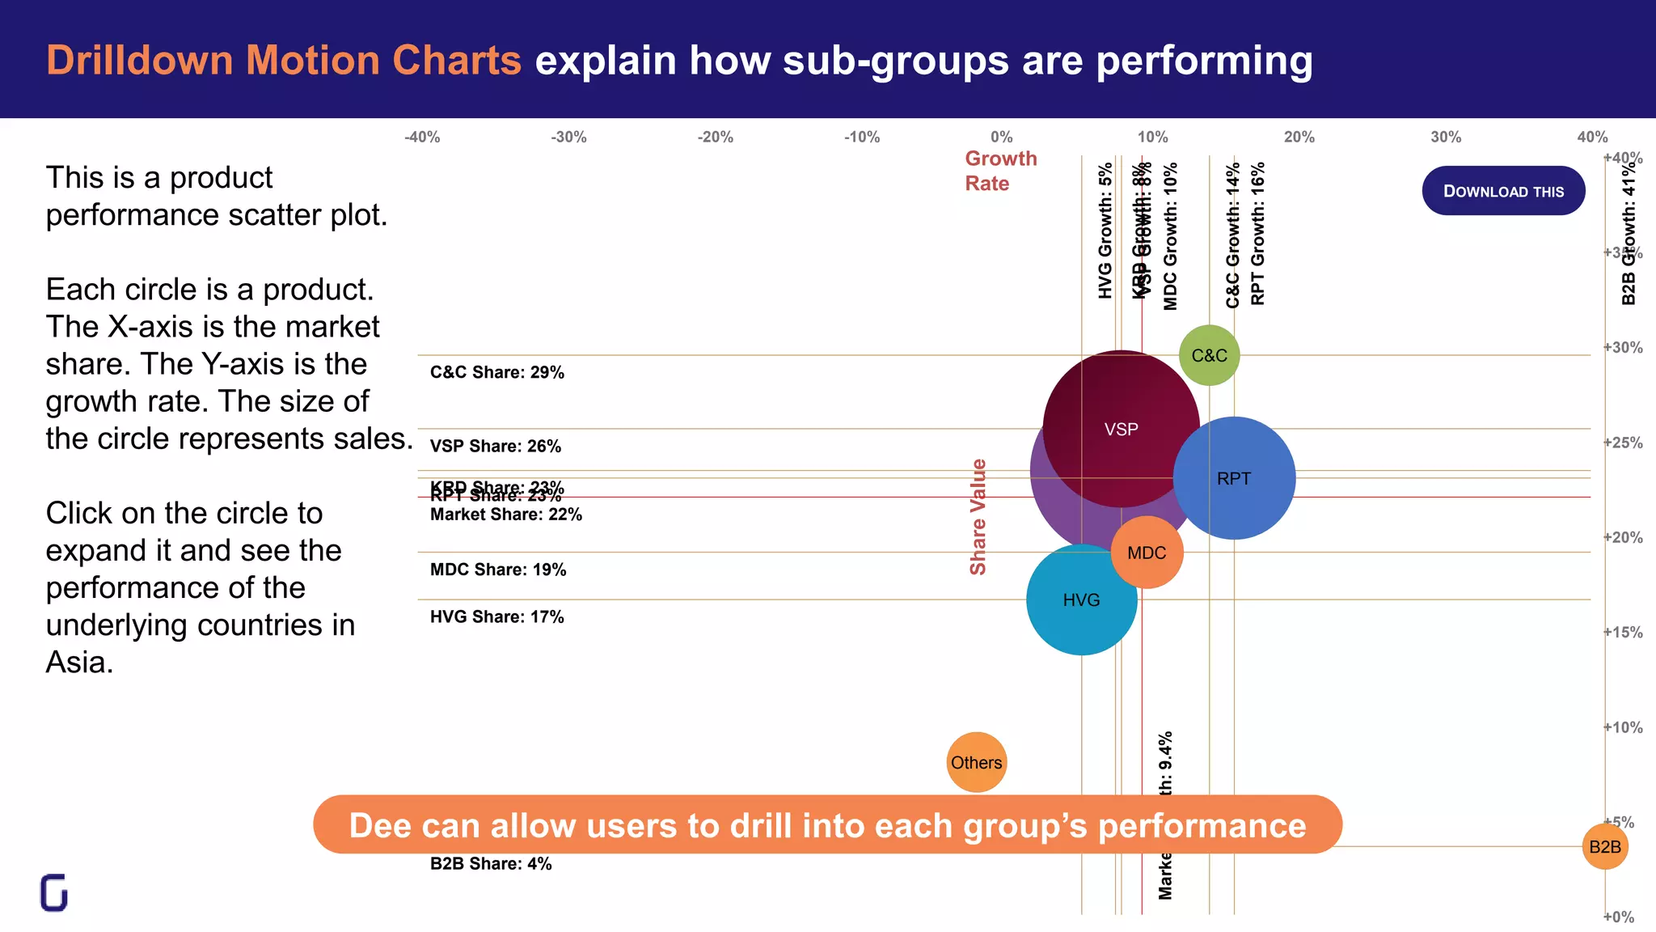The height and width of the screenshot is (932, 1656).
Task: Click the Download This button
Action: (x=1503, y=191)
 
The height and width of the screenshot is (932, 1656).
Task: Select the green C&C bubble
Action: (x=1209, y=355)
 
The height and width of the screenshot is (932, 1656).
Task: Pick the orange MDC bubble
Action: (x=1147, y=553)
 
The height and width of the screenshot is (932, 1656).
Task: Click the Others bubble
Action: (x=976, y=762)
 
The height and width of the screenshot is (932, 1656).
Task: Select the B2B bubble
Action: (x=1604, y=846)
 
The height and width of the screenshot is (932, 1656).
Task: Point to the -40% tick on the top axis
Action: (x=422, y=138)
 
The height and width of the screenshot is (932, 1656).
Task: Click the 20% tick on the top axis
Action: (x=1299, y=138)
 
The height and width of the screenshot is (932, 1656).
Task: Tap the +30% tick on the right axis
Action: (x=1622, y=348)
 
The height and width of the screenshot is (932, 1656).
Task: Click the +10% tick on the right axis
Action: (x=1622, y=727)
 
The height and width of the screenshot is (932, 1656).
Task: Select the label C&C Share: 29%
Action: (x=496, y=372)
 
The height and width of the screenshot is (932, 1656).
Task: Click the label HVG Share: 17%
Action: (x=496, y=616)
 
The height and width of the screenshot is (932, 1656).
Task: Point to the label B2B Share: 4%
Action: (x=490, y=863)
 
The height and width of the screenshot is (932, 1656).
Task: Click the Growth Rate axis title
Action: (x=1000, y=171)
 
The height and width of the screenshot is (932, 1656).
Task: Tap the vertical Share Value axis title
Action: (x=978, y=517)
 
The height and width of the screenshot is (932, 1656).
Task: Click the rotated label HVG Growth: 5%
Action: (x=1105, y=231)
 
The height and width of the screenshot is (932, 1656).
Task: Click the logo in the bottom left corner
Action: (x=54, y=892)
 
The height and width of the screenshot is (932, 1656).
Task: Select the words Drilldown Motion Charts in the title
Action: (x=283, y=60)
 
